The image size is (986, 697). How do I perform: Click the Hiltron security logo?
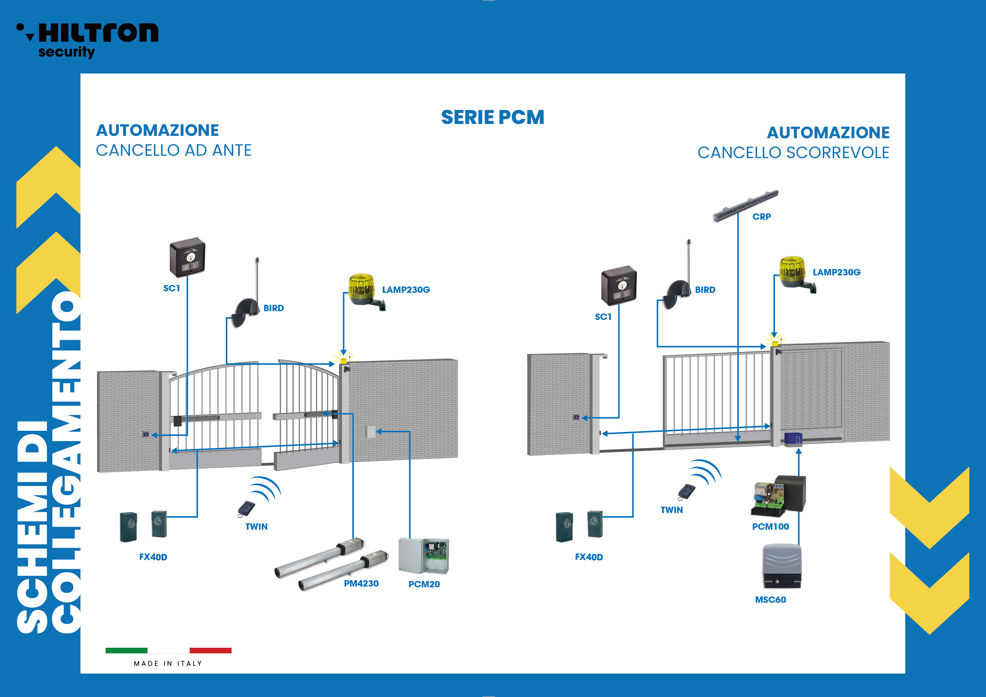click(88, 39)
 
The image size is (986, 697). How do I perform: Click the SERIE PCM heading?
click(492, 117)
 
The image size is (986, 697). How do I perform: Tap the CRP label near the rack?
click(761, 217)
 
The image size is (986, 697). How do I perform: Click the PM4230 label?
click(361, 583)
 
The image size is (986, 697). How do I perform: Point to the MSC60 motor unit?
click(782, 566)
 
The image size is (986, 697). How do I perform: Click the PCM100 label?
click(771, 527)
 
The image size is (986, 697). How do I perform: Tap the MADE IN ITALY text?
click(168, 664)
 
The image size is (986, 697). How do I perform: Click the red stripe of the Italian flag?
click(210, 650)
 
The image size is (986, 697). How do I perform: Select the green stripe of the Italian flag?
click(126, 650)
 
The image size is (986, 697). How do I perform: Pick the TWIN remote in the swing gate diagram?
click(246, 509)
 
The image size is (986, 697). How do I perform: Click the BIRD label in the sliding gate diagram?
click(705, 290)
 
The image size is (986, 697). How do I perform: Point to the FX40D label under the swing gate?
click(153, 557)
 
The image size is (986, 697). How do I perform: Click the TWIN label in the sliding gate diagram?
click(672, 510)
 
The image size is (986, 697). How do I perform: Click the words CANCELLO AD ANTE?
click(174, 150)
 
